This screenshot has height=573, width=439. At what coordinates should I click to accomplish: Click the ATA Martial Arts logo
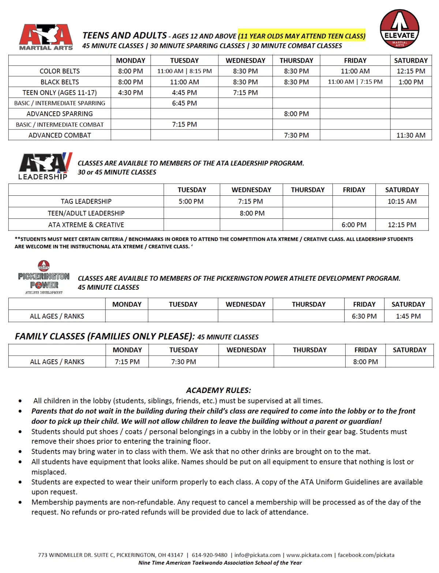(x=46, y=37)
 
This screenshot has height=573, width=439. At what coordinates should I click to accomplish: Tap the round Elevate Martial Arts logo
(x=399, y=29)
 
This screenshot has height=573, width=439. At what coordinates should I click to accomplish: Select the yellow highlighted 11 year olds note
(x=301, y=36)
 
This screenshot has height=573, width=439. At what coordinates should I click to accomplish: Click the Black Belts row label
(x=60, y=82)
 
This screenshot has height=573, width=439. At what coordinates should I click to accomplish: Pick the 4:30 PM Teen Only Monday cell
(x=131, y=93)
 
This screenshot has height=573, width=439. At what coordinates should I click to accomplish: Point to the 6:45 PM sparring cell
(x=184, y=103)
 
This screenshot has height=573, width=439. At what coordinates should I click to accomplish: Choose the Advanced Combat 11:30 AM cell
(x=411, y=135)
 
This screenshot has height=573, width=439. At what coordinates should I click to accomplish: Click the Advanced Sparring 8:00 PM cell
(x=296, y=114)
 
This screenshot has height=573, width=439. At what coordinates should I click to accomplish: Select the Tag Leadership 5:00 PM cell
(x=191, y=201)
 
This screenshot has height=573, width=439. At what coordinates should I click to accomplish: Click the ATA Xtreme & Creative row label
(x=86, y=225)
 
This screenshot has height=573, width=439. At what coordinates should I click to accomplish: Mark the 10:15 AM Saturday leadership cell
(x=402, y=201)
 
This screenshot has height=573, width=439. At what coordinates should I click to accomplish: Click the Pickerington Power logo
(x=44, y=278)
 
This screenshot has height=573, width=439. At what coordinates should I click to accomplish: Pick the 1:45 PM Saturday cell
(x=408, y=316)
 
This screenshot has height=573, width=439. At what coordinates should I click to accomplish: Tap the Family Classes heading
(x=105, y=336)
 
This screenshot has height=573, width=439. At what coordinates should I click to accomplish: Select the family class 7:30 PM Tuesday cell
(x=184, y=362)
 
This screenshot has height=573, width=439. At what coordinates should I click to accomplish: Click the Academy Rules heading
(x=218, y=390)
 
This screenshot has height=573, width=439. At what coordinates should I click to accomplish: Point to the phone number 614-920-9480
(x=210, y=555)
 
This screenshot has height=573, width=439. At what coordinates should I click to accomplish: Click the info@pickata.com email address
(x=258, y=555)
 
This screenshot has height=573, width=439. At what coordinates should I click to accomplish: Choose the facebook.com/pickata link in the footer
(x=366, y=555)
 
